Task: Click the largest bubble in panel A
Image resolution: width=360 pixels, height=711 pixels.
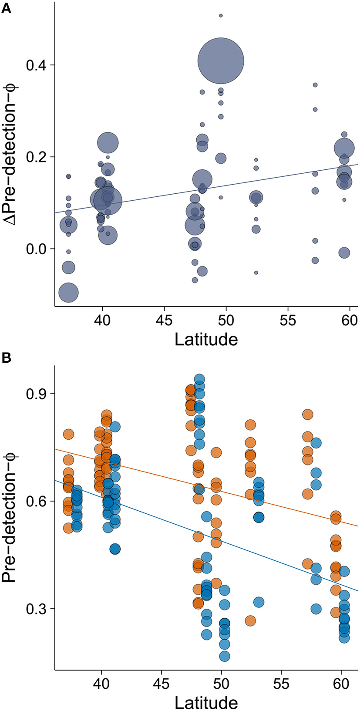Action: pyautogui.click(x=221, y=61)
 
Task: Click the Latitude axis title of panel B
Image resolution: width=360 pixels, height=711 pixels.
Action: pyautogui.click(x=206, y=702)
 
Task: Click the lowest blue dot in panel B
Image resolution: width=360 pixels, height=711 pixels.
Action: pyautogui.click(x=225, y=656)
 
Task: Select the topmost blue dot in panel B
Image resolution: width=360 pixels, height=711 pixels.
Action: pyautogui.click(x=199, y=379)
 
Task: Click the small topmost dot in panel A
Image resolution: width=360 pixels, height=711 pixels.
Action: pyautogui.click(x=221, y=16)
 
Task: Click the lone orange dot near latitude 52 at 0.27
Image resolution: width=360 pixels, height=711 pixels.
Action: pyautogui.click(x=250, y=620)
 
